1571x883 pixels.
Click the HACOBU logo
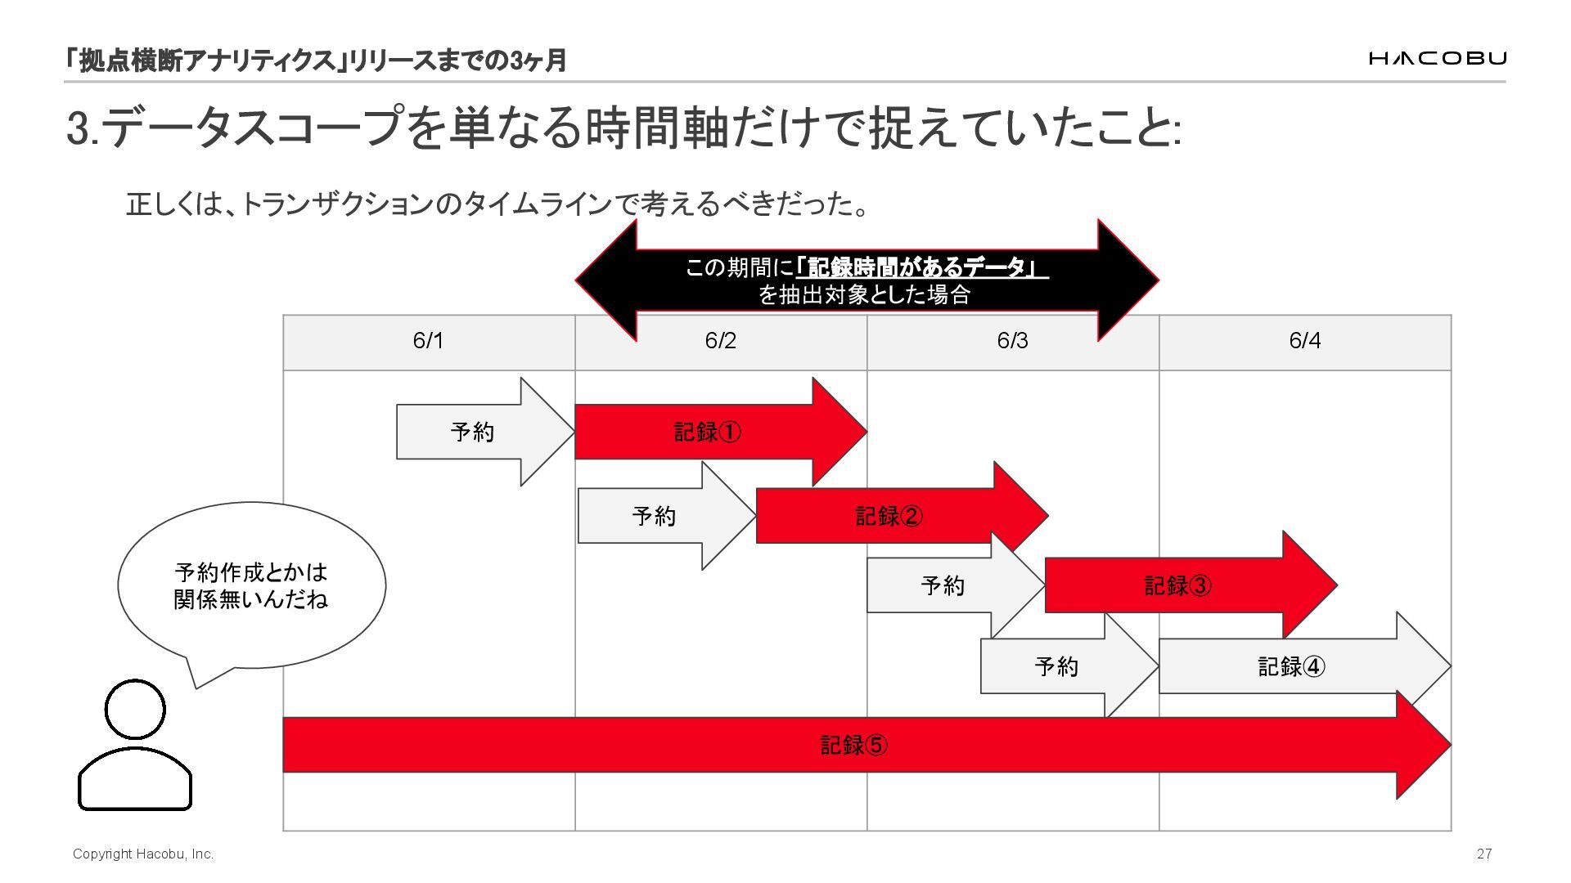tap(1437, 58)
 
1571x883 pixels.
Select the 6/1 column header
tap(428, 341)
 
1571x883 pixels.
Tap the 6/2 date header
tap(720, 341)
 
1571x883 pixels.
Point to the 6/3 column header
tap(1012, 341)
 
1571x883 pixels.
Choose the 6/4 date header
tap(1304, 341)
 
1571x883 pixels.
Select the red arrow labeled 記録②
tap(889, 516)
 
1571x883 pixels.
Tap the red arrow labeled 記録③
tap(1178, 585)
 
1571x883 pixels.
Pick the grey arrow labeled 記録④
tap(1292, 667)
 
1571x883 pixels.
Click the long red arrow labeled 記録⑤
tap(853, 745)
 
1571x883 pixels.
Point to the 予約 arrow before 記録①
tap(473, 432)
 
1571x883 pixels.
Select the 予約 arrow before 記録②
tap(655, 516)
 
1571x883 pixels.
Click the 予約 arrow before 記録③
tap(943, 585)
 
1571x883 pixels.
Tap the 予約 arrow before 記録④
tap(1056, 667)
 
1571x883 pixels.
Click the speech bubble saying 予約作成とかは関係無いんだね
tap(251, 585)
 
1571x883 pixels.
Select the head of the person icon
tap(135, 710)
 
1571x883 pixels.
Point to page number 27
tap(1484, 854)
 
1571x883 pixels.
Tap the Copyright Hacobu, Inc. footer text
tap(143, 854)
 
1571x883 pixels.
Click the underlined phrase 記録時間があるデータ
tap(921, 267)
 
